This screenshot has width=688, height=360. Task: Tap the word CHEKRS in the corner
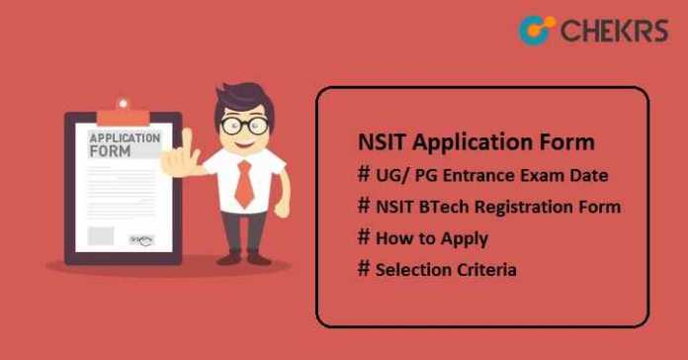(612, 31)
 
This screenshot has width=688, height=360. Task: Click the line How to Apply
(431, 237)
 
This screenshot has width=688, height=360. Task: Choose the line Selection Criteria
(445, 268)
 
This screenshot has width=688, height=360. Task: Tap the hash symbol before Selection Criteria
(364, 268)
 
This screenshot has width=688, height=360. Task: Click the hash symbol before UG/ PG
(364, 175)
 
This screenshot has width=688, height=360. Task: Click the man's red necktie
(243, 183)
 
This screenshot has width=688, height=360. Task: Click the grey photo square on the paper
(100, 235)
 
